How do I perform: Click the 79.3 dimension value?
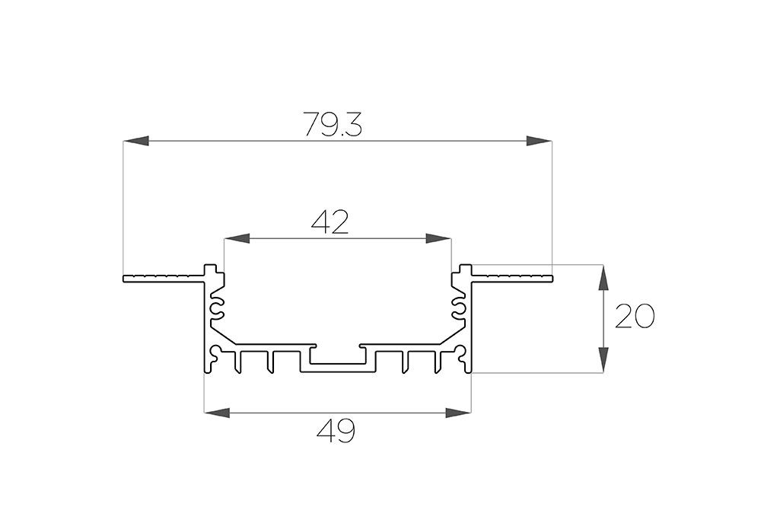coord(333,123)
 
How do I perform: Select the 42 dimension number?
coord(330,223)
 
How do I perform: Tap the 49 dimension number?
coord(336,431)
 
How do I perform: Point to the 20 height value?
coord(635,316)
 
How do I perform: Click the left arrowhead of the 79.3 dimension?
coord(135,141)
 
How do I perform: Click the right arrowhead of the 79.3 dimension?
coord(540,141)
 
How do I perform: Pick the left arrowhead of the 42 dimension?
coord(237,238)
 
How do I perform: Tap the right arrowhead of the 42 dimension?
coord(438,238)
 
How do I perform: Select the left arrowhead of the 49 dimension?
coord(217,413)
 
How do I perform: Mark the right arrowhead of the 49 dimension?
coord(459,413)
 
